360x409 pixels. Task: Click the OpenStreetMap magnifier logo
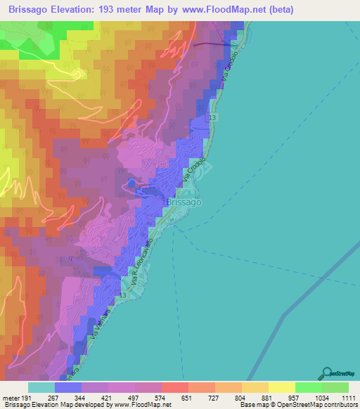(327, 372)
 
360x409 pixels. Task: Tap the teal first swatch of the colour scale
(41, 387)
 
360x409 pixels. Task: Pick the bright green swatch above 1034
(309, 387)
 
